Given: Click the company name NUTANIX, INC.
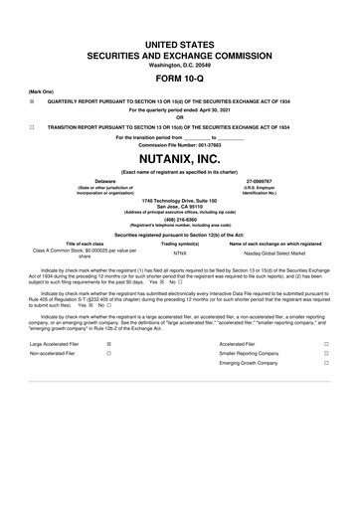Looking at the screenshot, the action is point(180,158).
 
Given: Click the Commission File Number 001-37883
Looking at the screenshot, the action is point(180,144).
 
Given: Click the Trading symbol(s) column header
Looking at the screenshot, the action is point(180,244).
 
